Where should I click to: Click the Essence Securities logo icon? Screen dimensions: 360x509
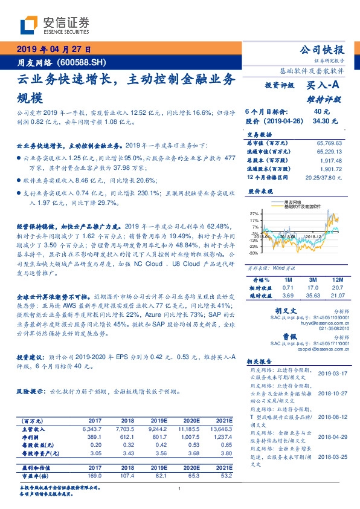point(29,25)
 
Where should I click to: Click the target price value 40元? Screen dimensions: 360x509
point(322,112)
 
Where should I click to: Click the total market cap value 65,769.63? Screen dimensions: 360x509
point(325,143)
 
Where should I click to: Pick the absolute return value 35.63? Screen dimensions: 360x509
point(313,296)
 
